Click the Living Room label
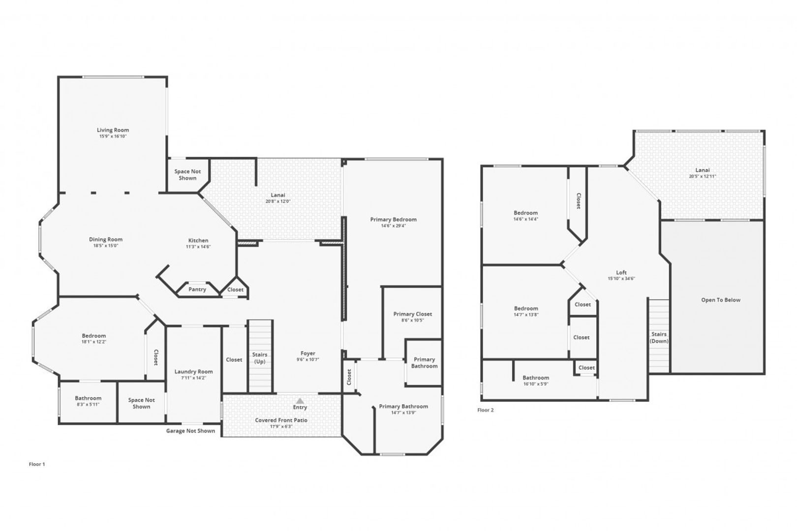pyautogui.click(x=113, y=130)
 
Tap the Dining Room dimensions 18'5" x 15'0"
pyautogui.click(x=105, y=246)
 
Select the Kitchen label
pyautogui.click(x=198, y=240)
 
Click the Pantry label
pyautogui.click(x=197, y=290)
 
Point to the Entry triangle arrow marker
pyautogui.click(x=300, y=401)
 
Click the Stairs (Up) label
pyautogui.click(x=260, y=358)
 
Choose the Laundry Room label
pyautogui.click(x=193, y=372)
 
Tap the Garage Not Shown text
pyautogui.click(x=190, y=431)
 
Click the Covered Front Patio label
pyautogui.click(x=281, y=420)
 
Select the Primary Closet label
pyautogui.click(x=412, y=314)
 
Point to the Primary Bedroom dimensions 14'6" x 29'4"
pyautogui.click(x=393, y=226)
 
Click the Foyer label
pyautogui.click(x=308, y=354)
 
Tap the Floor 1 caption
pyautogui.click(x=37, y=465)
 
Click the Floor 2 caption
pyautogui.click(x=485, y=410)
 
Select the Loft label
pyautogui.click(x=621, y=273)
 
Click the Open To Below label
pyautogui.click(x=721, y=300)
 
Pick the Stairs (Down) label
pyautogui.click(x=659, y=338)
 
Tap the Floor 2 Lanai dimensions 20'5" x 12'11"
pyautogui.click(x=703, y=177)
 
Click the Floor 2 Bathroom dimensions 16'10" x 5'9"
pyautogui.click(x=535, y=384)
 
